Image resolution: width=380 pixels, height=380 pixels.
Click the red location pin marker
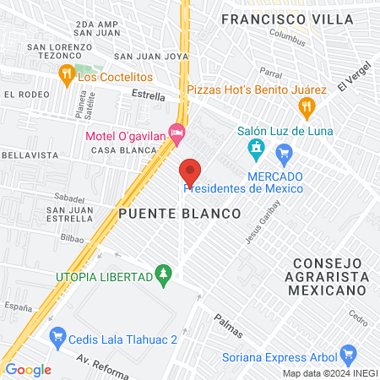point(190,172)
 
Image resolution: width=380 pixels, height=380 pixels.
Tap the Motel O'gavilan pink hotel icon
point(176,132)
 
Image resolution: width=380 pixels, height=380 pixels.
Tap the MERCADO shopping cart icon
point(284,153)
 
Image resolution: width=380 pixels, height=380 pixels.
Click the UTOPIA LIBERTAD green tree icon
point(164,274)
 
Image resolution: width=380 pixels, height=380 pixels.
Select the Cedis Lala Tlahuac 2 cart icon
point(57,336)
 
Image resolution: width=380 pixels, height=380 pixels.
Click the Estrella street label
point(149,96)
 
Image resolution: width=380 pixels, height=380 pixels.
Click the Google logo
point(28,369)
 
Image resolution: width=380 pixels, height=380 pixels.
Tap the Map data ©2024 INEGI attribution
point(328,373)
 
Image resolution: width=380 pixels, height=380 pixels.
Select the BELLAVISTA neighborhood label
point(30,155)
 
